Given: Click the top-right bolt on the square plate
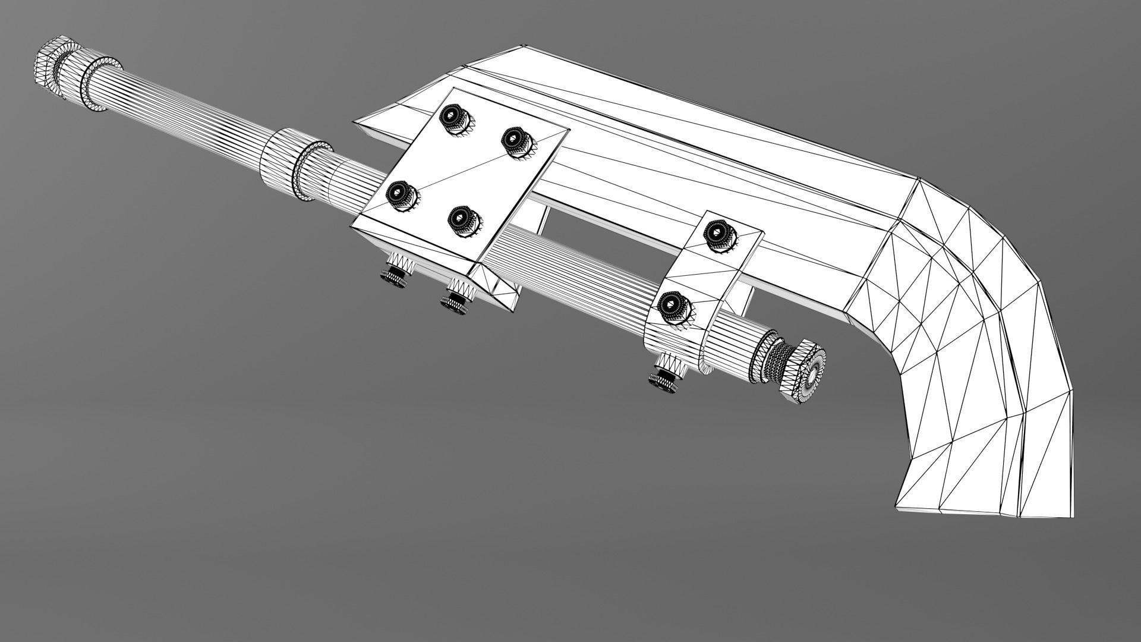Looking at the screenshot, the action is pos(515,141).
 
